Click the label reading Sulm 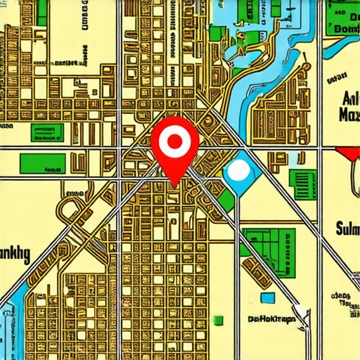[x=342, y=229]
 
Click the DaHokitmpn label [x=274, y=319]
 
